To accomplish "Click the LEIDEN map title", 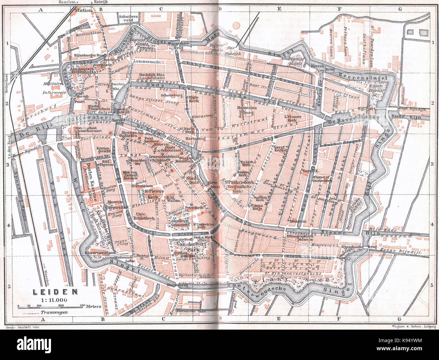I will [x=55, y=291].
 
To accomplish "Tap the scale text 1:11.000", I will [x=54, y=299].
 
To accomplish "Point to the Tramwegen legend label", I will [x=54, y=312].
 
